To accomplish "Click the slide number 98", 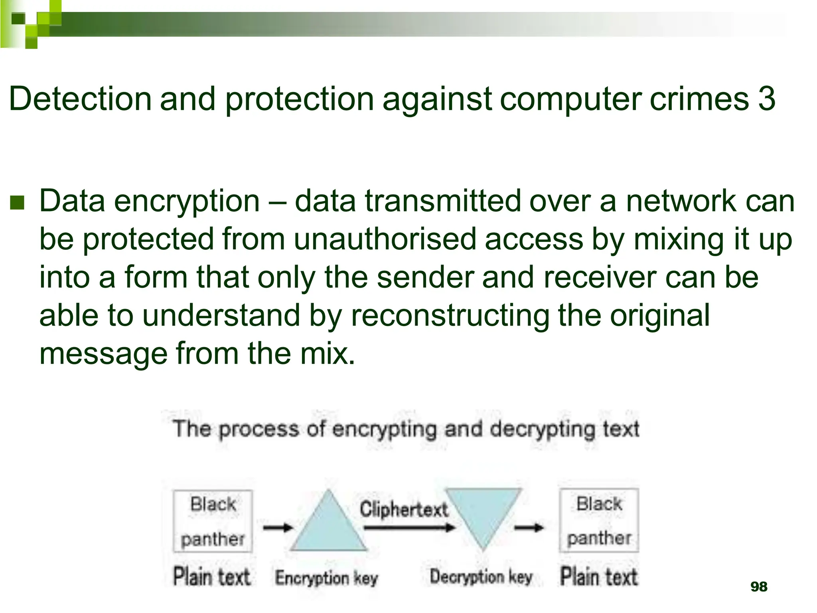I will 758,587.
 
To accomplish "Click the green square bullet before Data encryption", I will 17,203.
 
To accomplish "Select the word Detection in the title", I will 80,99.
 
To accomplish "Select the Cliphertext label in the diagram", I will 404,510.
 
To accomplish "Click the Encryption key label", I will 326,577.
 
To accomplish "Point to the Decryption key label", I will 481,577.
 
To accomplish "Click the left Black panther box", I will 213,521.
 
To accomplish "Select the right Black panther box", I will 599,520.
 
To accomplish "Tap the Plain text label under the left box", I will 212,577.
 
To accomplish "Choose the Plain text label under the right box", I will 599,577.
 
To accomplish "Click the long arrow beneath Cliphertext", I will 409,528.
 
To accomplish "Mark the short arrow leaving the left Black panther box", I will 278,528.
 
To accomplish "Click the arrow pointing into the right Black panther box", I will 529,528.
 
